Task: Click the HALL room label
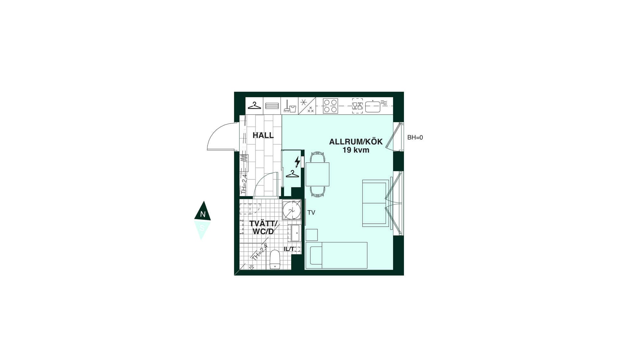[x=263, y=135]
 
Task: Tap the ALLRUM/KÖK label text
[x=356, y=142]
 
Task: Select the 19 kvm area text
[x=356, y=150]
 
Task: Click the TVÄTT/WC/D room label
[x=263, y=228]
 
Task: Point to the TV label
[x=311, y=212]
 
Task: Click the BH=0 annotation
[x=415, y=138]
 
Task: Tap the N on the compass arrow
[x=202, y=214]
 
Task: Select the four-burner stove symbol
[x=330, y=106]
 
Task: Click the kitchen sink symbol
[x=373, y=107]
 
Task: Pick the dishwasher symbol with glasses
[x=357, y=106]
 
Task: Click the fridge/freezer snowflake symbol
[x=303, y=103]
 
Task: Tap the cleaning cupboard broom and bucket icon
[x=290, y=106]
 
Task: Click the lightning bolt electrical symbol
[x=298, y=162]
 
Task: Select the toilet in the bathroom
[x=275, y=259]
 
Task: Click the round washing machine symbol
[x=292, y=210]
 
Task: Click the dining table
[x=317, y=174]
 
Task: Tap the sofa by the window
[x=375, y=203]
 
